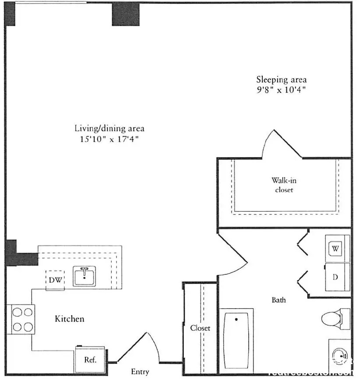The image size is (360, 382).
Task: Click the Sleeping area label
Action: click(281, 80)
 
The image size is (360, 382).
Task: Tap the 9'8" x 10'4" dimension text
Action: click(281, 91)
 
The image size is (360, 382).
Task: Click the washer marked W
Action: click(336, 249)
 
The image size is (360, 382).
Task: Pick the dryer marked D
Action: click(336, 277)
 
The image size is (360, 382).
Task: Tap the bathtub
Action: click(236, 340)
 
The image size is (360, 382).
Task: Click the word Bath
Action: click(279, 300)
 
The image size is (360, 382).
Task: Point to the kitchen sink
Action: click(85, 276)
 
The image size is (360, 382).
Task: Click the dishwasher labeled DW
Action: click(55, 280)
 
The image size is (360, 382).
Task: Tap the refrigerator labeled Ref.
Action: click(90, 360)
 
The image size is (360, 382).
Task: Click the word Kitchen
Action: click(69, 319)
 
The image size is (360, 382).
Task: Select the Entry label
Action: click(140, 372)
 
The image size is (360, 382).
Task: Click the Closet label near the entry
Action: click(200, 328)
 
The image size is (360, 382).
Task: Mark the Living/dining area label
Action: click(109, 129)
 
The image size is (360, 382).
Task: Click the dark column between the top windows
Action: click(126, 14)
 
